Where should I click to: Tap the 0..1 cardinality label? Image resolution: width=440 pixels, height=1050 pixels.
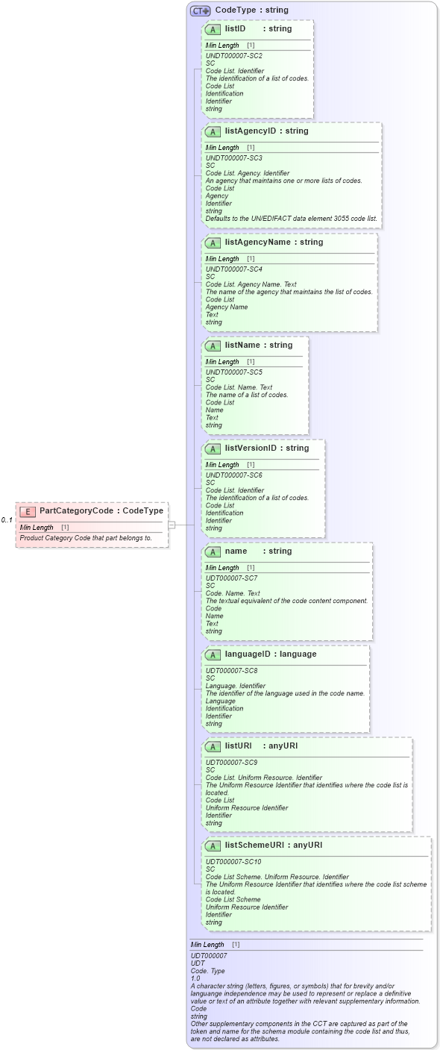[x=7, y=520]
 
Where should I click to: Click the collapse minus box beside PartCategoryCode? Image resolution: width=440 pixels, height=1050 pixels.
[x=172, y=525]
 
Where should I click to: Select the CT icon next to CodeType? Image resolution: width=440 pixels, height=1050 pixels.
[x=200, y=10]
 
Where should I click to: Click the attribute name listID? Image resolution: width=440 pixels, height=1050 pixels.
[x=235, y=29]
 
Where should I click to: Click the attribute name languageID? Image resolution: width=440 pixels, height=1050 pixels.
[x=250, y=654]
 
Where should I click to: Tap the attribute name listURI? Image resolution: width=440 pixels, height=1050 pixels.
[x=238, y=746]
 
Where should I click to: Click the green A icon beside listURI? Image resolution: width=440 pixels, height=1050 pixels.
[x=213, y=746]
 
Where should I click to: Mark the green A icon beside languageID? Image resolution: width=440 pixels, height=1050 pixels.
[x=213, y=654]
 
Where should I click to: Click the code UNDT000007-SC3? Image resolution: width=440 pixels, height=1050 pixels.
[x=233, y=158]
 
